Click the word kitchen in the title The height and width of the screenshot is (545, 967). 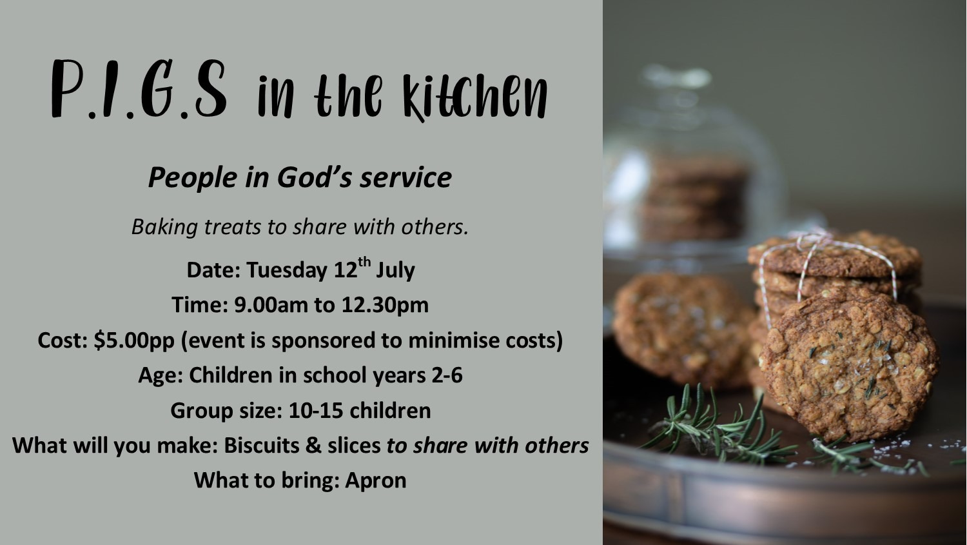click(475, 97)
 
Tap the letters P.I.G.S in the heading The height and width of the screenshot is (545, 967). click(139, 89)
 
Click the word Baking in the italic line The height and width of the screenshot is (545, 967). click(164, 227)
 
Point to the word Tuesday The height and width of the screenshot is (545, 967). click(287, 270)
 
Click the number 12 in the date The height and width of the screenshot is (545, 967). click(346, 270)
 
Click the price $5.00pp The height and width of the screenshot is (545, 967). click(134, 341)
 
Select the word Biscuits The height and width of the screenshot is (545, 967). click(262, 445)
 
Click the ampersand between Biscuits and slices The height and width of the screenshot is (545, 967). click(313, 446)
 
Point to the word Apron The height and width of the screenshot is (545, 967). click(376, 481)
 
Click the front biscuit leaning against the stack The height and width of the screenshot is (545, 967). click(848, 368)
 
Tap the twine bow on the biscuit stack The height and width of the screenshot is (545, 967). click(812, 238)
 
